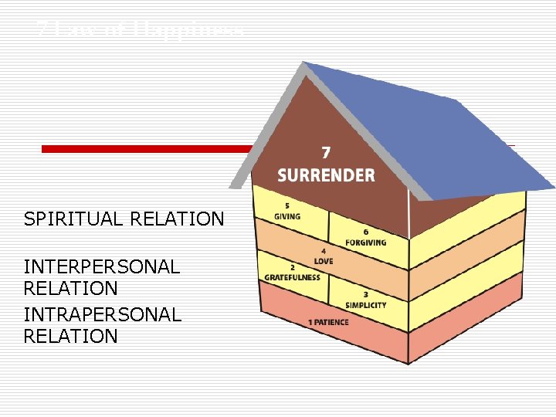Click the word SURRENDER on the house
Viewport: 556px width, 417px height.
[x=326, y=175]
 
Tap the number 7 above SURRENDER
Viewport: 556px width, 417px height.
[x=326, y=153]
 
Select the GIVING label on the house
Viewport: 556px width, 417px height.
[x=287, y=216]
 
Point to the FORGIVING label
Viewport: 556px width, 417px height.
[x=366, y=242]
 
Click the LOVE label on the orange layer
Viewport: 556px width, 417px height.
[x=324, y=260]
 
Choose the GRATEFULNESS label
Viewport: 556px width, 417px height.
[x=292, y=277]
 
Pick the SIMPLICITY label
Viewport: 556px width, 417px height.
[x=365, y=305]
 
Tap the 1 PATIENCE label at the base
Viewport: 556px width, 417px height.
[x=328, y=322]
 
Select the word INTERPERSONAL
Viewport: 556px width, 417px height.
[x=102, y=267]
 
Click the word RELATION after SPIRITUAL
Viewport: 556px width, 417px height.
[x=177, y=219]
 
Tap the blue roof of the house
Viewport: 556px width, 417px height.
[x=432, y=124]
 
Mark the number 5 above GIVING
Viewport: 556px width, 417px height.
[x=287, y=205]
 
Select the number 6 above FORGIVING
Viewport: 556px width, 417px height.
[x=365, y=232]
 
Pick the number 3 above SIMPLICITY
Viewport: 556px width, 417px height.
[x=365, y=294]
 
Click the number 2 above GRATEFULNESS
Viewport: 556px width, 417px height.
[x=293, y=267]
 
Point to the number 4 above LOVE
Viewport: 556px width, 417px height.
[x=323, y=251]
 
